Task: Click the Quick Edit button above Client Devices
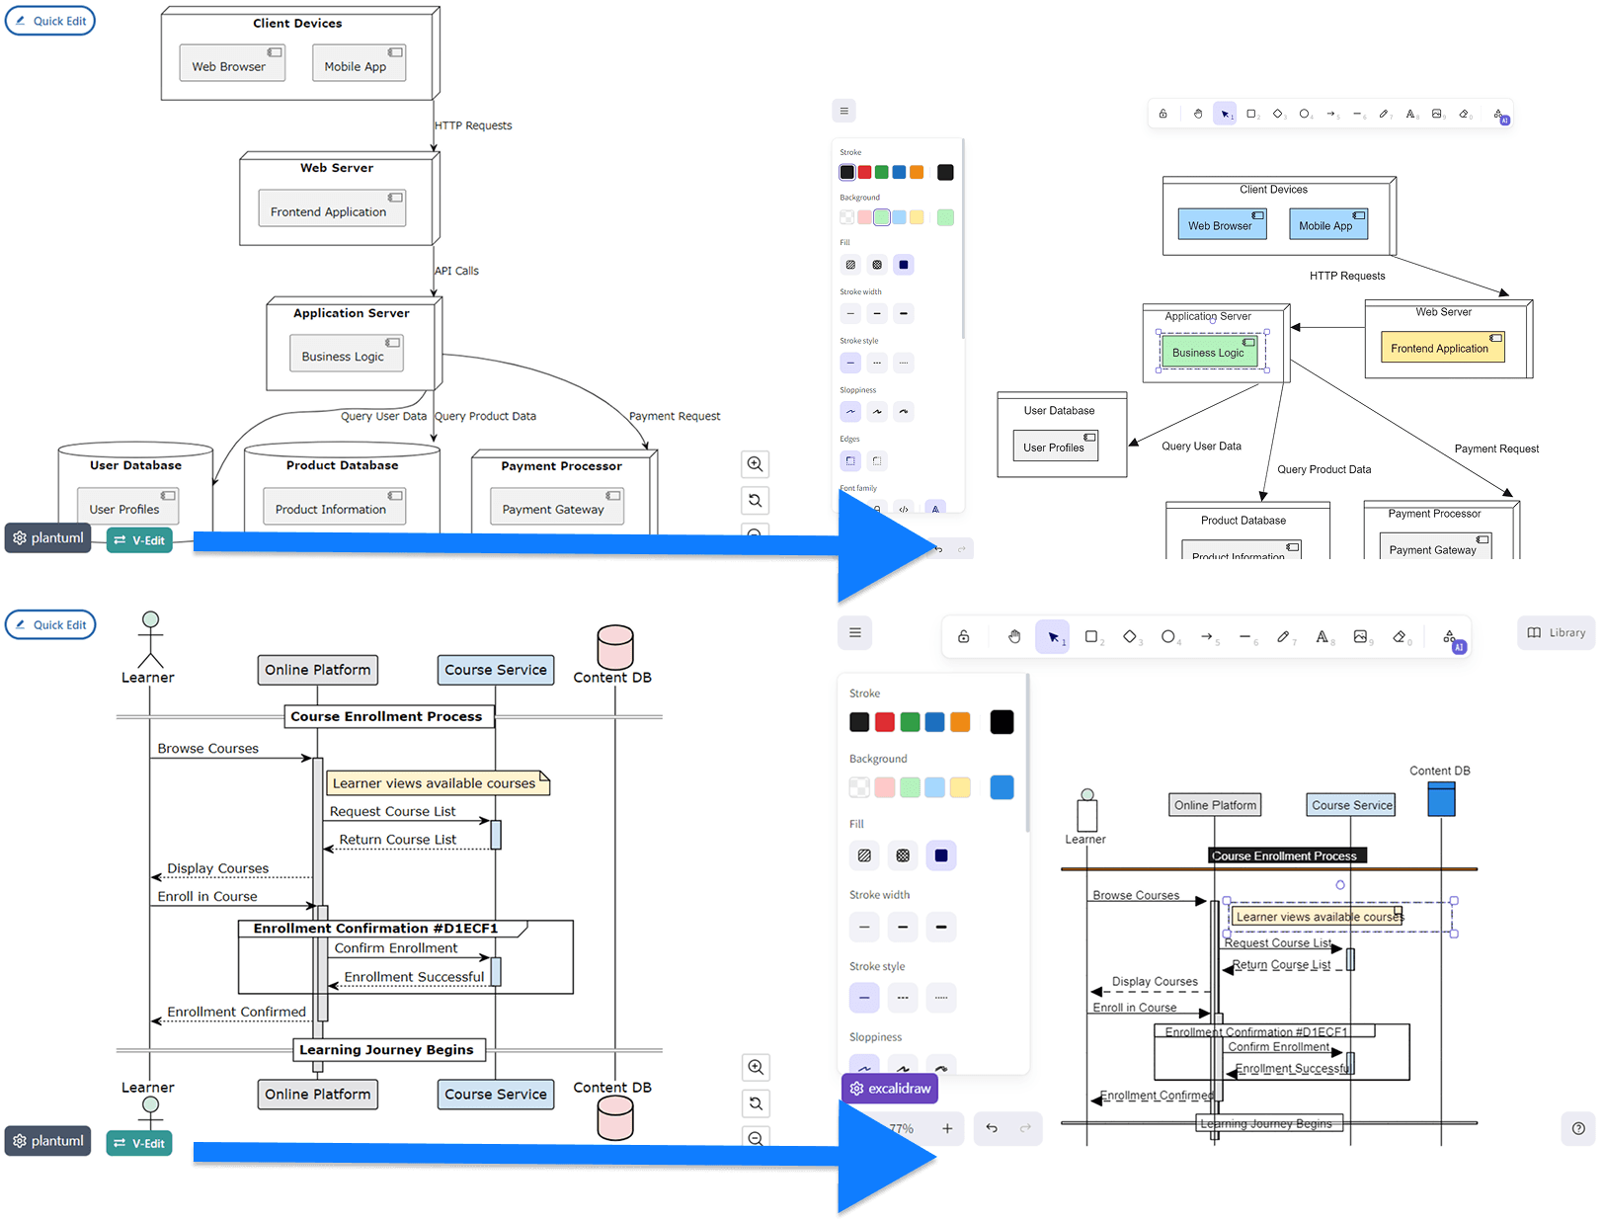(x=50, y=21)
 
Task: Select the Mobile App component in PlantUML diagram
(x=358, y=64)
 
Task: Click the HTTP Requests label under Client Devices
(x=474, y=125)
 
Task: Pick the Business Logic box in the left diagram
(x=346, y=355)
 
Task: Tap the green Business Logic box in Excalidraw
(x=1208, y=352)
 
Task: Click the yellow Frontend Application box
(x=1441, y=348)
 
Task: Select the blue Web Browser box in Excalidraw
(x=1220, y=224)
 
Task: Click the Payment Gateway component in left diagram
(x=555, y=508)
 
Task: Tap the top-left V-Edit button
(x=139, y=540)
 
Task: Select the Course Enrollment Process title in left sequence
(x=386, y=716)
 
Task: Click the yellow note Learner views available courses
(x=436, y=783)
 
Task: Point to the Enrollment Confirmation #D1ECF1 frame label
(x=376, y=929)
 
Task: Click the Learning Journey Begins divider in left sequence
(x=387, y=1049)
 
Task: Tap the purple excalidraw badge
(x=890, y=1089)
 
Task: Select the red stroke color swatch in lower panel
(x=885, y=722)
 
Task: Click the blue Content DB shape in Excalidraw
(x=1441, y=799)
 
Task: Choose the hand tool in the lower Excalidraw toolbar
(x=1014, y=637)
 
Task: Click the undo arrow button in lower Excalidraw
(x=992, y=1128)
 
